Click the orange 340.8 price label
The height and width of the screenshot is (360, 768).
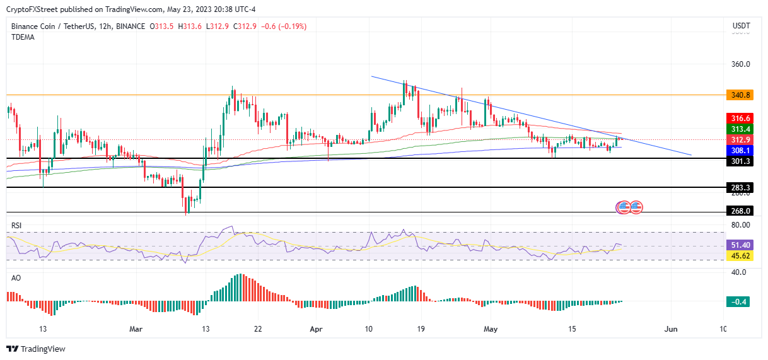740,95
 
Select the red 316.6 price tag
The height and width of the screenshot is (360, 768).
740,119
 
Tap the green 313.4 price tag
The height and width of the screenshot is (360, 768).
740,129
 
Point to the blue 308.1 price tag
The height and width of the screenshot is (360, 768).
740,151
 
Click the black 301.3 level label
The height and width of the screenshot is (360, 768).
740,161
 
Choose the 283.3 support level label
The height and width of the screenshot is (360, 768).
740,188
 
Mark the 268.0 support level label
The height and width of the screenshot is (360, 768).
740,211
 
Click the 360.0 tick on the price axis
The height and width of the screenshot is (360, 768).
741,64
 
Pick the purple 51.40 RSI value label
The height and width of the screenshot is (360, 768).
740,245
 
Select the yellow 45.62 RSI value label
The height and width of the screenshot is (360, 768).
740,255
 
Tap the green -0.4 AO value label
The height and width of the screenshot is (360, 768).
740,302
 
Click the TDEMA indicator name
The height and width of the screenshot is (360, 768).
23,37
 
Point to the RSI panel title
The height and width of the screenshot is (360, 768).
17,225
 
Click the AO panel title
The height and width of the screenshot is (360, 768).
16,277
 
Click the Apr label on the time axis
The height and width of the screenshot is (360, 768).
317,329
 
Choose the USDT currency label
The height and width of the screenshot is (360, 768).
740,26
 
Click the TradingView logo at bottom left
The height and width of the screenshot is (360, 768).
36,349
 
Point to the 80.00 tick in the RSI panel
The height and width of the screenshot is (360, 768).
741,225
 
